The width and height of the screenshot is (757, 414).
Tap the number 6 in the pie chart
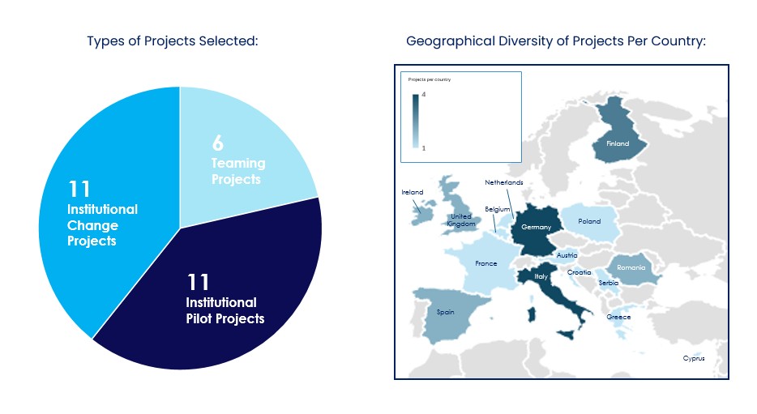point(217,143)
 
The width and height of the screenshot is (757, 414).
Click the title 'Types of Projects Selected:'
point(173,41)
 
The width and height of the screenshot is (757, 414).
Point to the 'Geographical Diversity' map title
point(556,41)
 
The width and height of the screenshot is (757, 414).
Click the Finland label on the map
point(618,143)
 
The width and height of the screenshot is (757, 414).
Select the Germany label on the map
point(536,227)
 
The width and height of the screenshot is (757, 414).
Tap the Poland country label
point(589,220)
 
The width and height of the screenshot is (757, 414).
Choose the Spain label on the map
point(445,311)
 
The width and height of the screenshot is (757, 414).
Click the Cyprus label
point(693,358)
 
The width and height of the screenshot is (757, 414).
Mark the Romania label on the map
point(631,267)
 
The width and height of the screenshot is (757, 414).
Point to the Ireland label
point(413,192)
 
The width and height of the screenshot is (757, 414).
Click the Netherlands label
point(504,182)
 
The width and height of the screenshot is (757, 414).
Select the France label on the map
point(485,263)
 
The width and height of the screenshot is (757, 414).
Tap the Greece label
point(618,317)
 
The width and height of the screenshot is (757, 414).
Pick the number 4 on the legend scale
point(424,96)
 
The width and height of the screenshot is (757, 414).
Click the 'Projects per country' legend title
point(430,79)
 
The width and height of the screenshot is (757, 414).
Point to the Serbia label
point(608,283)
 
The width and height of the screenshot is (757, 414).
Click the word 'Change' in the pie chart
point(92,225)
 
